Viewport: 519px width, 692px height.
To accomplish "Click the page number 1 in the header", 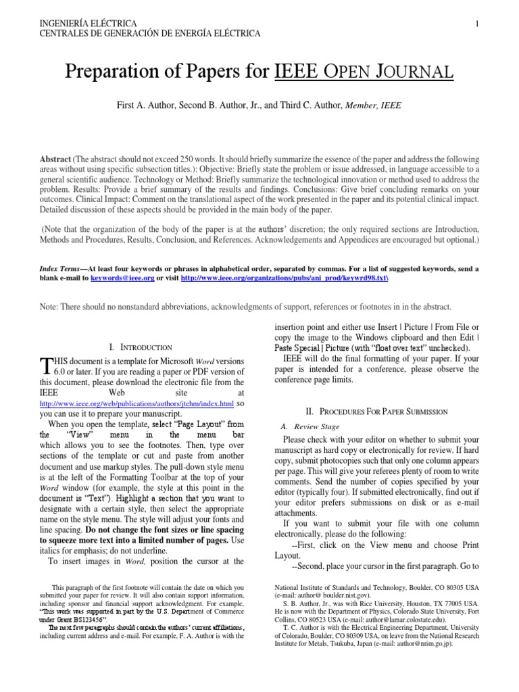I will (x=477, y=24).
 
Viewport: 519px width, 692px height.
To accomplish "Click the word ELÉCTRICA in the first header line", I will (x=112, y=24).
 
